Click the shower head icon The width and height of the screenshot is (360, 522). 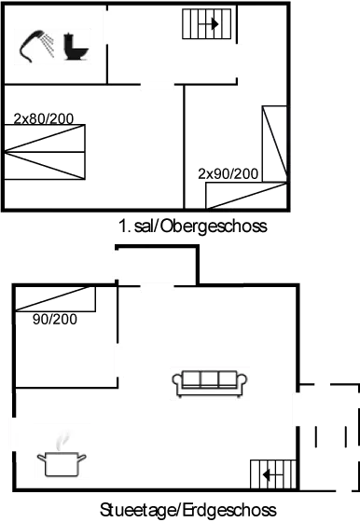click(34, 43)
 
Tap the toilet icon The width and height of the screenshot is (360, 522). click(74, 45)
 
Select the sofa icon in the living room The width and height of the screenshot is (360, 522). click(210, 381)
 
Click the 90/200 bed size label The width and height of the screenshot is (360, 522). click(55, 319)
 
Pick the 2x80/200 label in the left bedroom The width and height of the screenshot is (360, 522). click(44, 118)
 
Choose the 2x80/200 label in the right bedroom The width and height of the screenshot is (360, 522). click(228, 173)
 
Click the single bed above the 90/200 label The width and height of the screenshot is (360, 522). click(56, 299)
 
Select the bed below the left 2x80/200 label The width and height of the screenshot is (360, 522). click(44, 152)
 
